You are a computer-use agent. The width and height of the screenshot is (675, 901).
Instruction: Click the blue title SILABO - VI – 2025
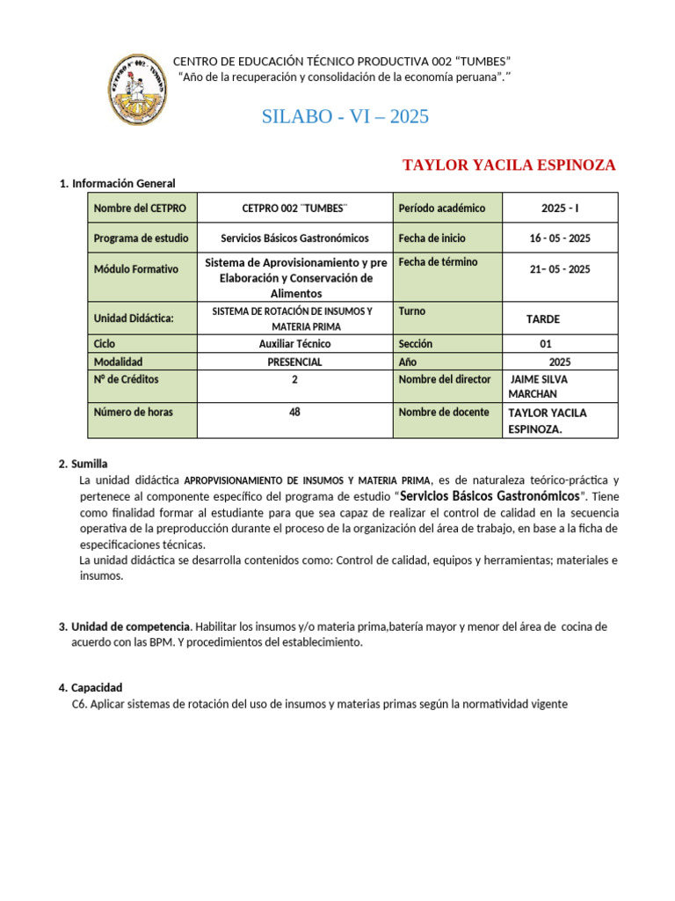tap(345, 116)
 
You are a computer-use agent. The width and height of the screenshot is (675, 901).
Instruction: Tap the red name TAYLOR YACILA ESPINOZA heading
tap(509, 165)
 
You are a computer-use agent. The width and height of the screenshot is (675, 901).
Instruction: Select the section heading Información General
tap(123, 183)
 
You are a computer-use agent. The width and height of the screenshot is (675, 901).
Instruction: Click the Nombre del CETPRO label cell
tap(142, 208)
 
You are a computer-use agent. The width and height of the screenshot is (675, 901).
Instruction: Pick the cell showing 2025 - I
tap(560, 208)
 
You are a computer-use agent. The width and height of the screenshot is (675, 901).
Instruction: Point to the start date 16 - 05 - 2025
tap(560, 238)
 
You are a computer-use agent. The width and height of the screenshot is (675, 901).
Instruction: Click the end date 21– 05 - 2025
tap(560, 269)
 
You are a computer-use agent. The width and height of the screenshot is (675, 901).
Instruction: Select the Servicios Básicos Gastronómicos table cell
tap(294, 238)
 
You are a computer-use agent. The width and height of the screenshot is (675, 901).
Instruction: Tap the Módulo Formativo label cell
tap(142, 269)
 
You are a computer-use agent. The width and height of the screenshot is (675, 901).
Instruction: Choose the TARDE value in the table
tap(542, 319)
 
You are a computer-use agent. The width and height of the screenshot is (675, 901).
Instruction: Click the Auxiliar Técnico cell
tap(294, 344)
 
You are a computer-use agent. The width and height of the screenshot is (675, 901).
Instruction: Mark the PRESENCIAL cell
tap(294, 362)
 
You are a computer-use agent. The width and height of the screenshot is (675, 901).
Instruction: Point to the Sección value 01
tap(546, 344)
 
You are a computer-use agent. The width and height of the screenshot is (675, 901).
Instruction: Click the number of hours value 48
tap(294, 411)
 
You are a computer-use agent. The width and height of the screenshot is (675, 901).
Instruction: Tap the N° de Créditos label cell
tap(142, 379)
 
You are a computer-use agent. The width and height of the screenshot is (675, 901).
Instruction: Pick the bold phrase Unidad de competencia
tap(130, 626)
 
